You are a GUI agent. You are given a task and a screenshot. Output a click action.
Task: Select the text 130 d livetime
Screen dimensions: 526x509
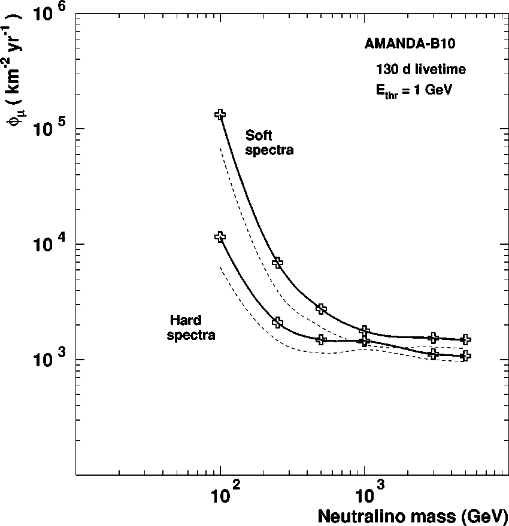(420, 69)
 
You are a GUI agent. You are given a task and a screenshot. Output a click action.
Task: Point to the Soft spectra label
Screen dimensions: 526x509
(269, 143)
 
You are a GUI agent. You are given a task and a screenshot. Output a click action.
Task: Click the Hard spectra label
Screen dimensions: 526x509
(190, 328)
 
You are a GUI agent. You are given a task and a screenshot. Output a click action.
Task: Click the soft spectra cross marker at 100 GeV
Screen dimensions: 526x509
(220, 114)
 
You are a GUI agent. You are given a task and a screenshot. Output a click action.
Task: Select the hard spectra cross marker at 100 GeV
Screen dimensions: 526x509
(220, 236)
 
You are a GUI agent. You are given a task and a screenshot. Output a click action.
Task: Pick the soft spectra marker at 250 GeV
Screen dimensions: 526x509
(277, 262)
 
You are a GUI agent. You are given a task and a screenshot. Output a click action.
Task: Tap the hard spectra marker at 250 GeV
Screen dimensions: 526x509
(277, 323)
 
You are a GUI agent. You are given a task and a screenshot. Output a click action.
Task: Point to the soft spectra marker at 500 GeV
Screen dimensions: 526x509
(321, 309)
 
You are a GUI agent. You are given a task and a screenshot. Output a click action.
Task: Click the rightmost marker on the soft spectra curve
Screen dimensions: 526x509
(465, 339)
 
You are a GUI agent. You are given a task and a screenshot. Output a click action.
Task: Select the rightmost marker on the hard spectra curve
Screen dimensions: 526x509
(465, 356)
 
